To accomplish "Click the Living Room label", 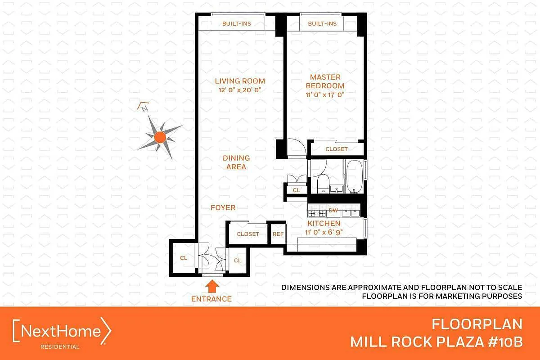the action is coord(240,81).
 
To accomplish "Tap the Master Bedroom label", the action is coord(325,81).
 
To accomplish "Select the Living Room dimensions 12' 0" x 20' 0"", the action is coord(240,90).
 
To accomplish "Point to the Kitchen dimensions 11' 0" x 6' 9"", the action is coord(324,232).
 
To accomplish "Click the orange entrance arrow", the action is coord(212,286).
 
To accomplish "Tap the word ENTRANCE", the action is coord(211,299).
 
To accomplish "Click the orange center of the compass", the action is coord(160,137).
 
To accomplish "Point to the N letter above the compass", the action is coord(144,109).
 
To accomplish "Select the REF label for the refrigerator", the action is coord(278,234).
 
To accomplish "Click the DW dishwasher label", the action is coord(333,210).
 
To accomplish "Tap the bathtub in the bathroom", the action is coord(355,176).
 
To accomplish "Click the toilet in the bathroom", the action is coord(323,184).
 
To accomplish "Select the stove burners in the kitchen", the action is coord(317,213).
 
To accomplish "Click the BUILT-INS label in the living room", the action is coord(237,24).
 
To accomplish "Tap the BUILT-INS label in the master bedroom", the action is coord(322,24).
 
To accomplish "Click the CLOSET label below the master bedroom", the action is coord(337,149).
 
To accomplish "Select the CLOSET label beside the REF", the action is coord(248,234).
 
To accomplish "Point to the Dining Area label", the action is coord(236,162).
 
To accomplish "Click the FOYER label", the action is coord(223,207).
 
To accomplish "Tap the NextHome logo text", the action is coord(61,331).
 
